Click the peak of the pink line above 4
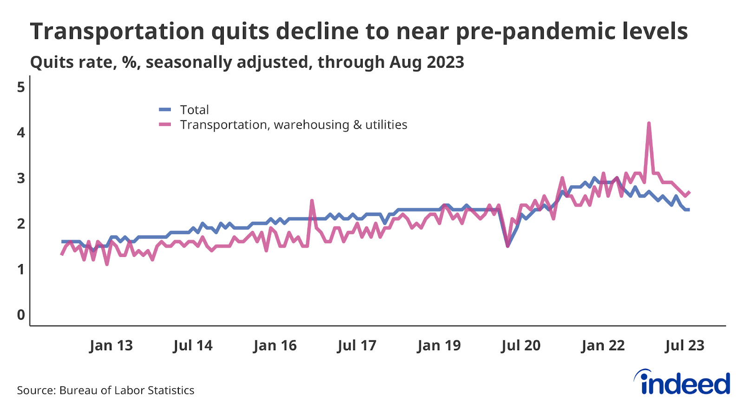[x=648, y=123]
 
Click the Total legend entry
[x=194, y=110]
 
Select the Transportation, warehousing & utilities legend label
[x=293, y=125]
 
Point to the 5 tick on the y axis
[x=21, y=87]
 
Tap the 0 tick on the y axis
[x=21, y=315]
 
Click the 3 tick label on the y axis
[x=21, y=178]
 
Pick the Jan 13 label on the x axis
[x=111, y=346]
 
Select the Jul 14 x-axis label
[x=193, y=346]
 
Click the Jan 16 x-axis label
[x=275, y=346]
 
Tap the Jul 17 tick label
[x=357, y=346]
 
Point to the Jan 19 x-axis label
[x=439, y=346]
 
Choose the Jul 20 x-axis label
[x=521, y=346]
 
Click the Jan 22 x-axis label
[x=603, y=346]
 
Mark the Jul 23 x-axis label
[x=684, y=346]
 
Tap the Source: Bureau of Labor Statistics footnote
[x=106, y=391]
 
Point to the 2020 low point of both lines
[x=508, y=245]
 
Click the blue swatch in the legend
[x=165, y=110]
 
